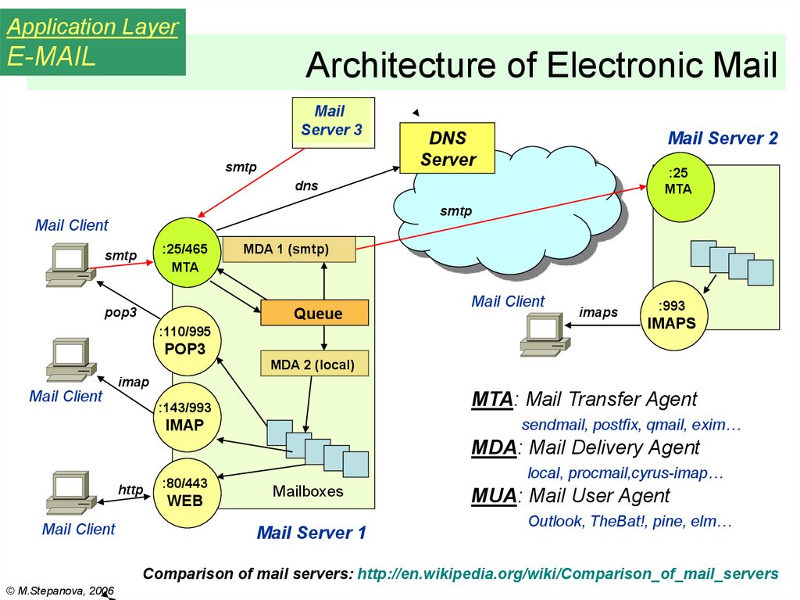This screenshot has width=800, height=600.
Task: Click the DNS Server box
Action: (447, 149)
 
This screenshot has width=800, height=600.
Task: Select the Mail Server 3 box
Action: (332, 122)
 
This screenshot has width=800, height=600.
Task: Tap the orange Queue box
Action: (314, 313)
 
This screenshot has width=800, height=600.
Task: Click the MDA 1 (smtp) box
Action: (288, 250)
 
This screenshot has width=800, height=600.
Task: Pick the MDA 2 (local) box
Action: (312, 364)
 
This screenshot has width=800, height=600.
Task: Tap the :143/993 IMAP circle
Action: (184, 417)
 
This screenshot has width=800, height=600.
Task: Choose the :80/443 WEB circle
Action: (184, 493)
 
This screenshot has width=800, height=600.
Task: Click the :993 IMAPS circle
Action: (671, 314)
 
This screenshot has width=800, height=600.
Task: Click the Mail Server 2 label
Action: (723, 138)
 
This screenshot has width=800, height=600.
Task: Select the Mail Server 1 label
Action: (311, 534)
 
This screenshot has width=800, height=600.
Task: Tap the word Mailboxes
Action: (308, 491)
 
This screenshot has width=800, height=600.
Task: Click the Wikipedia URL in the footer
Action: (568, 573)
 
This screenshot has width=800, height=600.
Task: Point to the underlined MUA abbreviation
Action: (494, 496)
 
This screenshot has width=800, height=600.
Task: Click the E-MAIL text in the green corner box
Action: (52, 56)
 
